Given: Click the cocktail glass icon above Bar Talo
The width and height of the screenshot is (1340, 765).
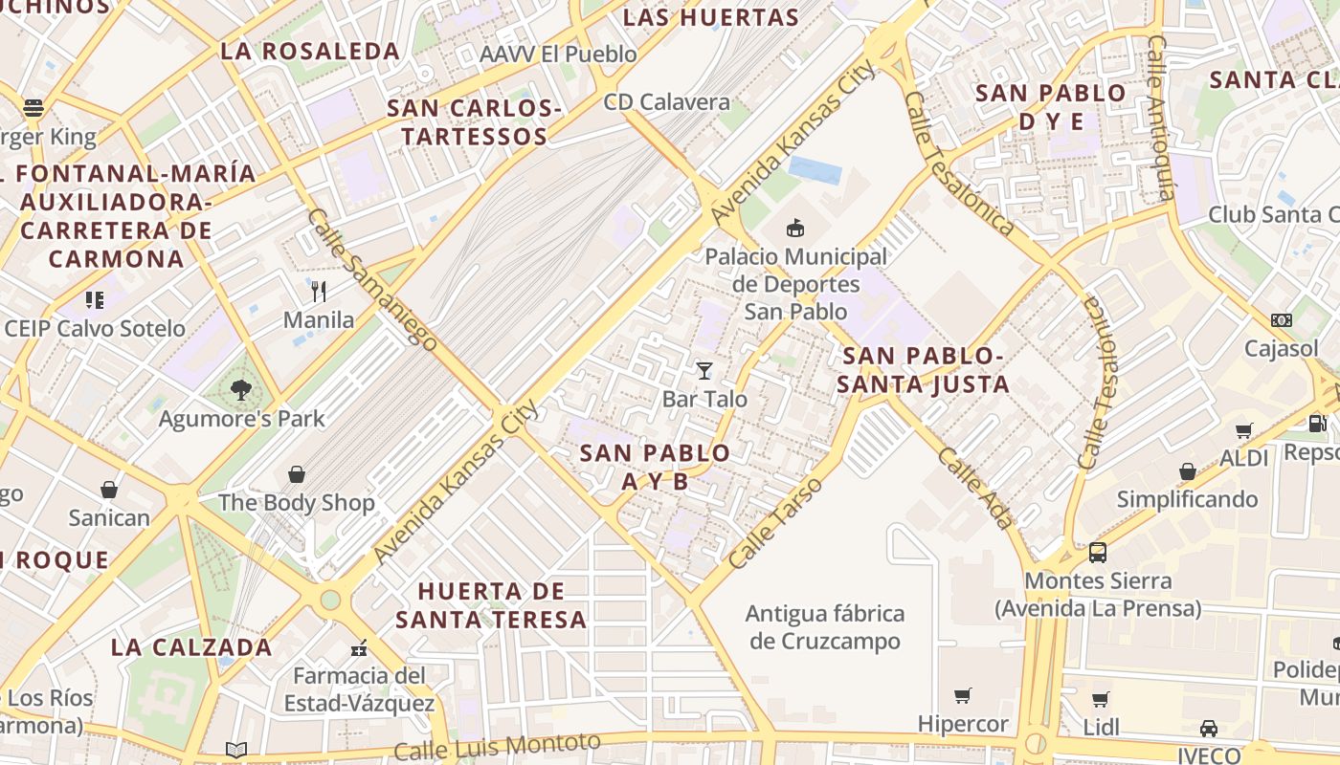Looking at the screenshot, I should click(704, 370).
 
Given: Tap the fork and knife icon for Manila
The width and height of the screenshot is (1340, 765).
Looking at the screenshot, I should click(319, 291).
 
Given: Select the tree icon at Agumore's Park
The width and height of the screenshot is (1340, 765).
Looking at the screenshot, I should click(241, 389).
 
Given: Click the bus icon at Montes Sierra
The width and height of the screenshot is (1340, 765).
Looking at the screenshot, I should click(1098, 552).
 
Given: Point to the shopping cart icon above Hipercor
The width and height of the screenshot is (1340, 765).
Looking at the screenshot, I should click(963, 695).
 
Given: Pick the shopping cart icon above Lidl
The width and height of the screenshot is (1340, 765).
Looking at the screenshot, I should click(1101, 699).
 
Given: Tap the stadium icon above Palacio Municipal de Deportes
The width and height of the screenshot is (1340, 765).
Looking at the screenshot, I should click(795, 228).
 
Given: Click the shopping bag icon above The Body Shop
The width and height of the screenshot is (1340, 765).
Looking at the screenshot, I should click(297, 474).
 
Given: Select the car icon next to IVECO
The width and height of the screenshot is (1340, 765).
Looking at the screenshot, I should click(1209, 729).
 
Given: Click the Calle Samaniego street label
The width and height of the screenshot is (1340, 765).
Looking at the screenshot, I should click(373, 279).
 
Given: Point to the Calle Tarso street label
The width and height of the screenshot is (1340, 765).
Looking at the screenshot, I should click(775, 522).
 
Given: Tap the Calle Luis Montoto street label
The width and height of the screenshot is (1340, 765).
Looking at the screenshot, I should click(497, 747).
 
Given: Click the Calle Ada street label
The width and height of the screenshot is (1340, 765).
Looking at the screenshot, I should click(975, 488).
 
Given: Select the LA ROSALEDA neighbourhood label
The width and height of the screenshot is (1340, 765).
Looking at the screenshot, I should click(310, 52).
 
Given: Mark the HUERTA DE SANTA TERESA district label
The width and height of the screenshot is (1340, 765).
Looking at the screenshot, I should click(491, 605).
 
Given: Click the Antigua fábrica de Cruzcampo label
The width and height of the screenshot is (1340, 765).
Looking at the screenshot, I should click(825, 627).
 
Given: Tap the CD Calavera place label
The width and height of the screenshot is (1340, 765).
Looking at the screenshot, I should click(666, 102).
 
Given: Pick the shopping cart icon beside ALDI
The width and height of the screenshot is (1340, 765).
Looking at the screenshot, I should click(1243, 430).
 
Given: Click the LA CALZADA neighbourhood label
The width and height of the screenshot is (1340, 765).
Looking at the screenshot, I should click(191, 647).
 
